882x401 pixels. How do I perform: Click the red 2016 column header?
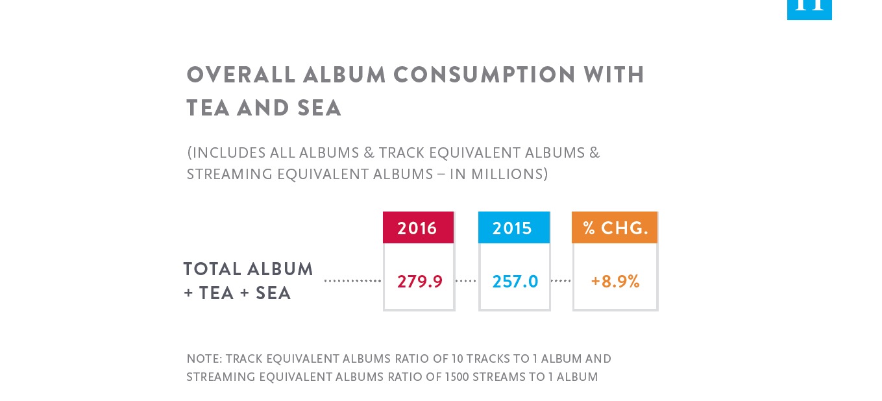(x=418, y=228)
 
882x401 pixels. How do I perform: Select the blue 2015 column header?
(x=514, y=228)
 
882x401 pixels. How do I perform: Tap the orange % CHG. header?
(x=615, y=228)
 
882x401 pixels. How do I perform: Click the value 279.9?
(x=420, y=282)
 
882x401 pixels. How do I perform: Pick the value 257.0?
(x=515, y=282)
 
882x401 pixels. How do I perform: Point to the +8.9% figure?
(x=615, y=282)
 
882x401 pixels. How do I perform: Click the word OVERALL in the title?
(x=241, y=75)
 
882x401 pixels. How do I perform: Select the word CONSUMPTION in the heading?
(x=484, y=75)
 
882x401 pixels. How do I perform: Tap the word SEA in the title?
(x=319, y=108)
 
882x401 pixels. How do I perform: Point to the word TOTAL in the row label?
(x=212, y=269)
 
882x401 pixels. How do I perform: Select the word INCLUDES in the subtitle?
(x=228, y=152)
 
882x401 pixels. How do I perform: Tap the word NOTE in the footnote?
(x=202, y=359)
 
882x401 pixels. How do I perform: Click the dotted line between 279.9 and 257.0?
(x=466, y=281)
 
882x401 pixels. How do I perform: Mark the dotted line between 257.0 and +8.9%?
(x=561, y=281)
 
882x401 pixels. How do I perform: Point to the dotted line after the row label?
(x=352, y=281)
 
